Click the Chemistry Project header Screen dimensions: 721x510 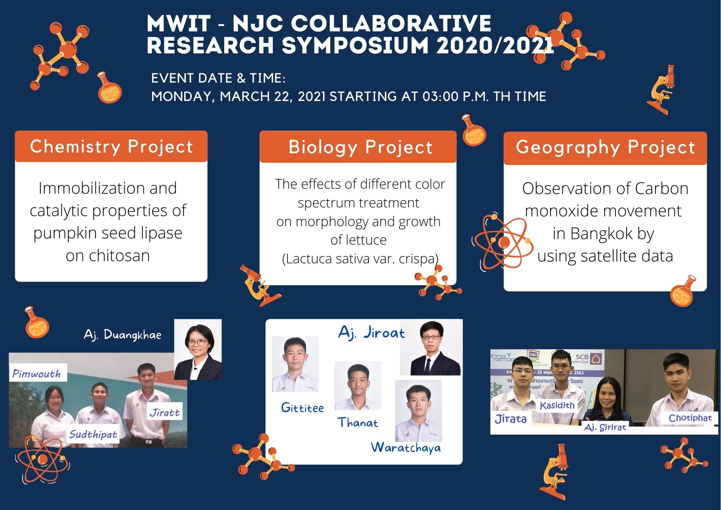(111, 146)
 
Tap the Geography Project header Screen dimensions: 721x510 (605, 148)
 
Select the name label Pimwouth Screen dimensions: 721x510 (36, 373)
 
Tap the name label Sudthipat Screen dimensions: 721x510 (93, 434)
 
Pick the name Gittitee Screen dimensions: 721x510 (302, 408)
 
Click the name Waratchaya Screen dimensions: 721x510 (406, 448)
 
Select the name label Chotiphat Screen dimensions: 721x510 (690, 418)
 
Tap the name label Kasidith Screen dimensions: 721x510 (557, 405)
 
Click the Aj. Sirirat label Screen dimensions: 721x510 (605, 427)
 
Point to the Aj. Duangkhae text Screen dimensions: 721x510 (123, 335)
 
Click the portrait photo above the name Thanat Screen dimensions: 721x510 (358, 385)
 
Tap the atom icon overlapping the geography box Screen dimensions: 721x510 (503, 241)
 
